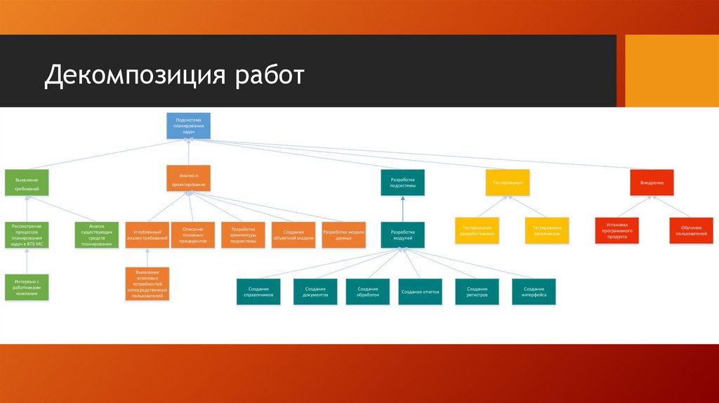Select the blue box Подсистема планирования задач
(188, 126)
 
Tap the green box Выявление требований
(27, 185)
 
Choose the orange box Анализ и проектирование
(188, 178)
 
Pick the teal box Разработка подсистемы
(403, 185)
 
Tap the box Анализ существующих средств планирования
(96, 234)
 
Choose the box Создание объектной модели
(293, 234)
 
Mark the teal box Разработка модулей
(403, 234)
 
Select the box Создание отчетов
(420, 291)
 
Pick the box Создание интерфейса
(534, 291)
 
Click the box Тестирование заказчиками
(546, 231)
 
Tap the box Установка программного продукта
(617, 231)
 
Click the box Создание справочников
(258, 291)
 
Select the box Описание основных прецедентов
(193, 234)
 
